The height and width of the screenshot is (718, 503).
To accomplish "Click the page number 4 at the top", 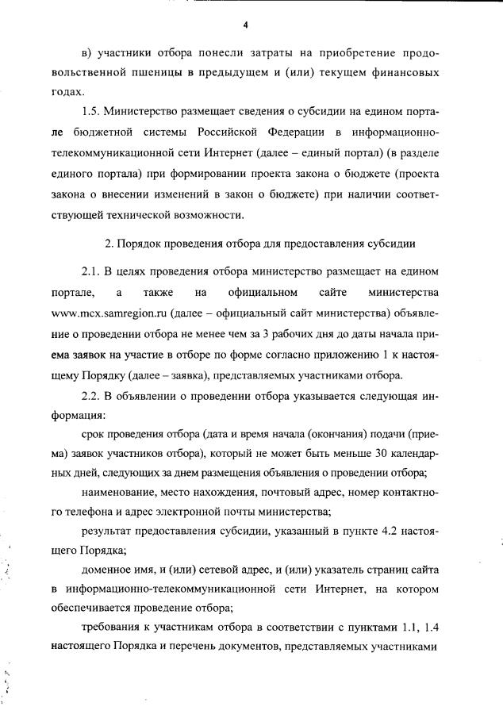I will [x=246, y=25].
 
